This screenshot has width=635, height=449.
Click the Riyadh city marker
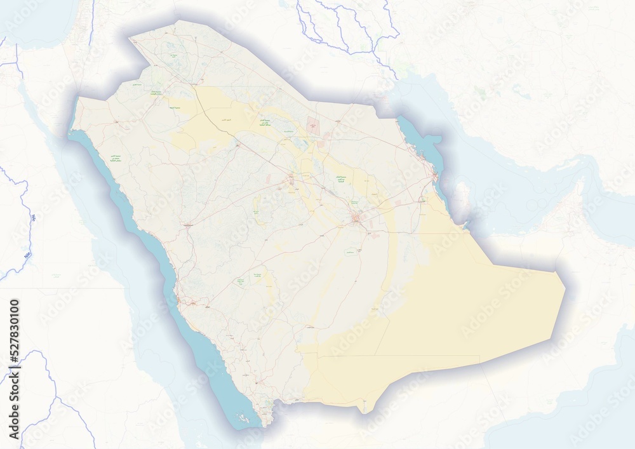pos(357,220)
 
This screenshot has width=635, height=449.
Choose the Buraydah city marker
pos(291,182)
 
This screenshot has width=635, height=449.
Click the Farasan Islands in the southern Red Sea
pos(243,418)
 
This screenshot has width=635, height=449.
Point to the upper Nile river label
pos(32,219)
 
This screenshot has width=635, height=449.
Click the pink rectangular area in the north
pos(313,124)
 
